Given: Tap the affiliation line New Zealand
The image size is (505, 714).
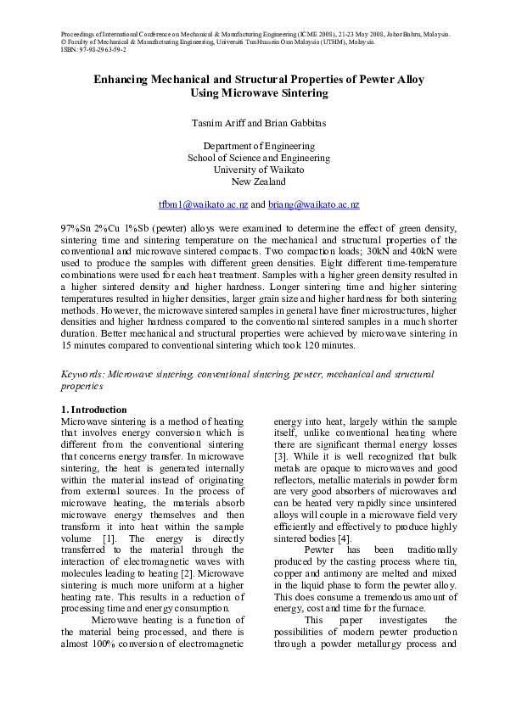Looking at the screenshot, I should tap(259, 181).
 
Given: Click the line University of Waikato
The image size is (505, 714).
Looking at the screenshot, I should tap(259, 170).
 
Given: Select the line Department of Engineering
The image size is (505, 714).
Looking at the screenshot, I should tap(259, 146).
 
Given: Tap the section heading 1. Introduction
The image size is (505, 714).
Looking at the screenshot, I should tap(95, 410).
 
